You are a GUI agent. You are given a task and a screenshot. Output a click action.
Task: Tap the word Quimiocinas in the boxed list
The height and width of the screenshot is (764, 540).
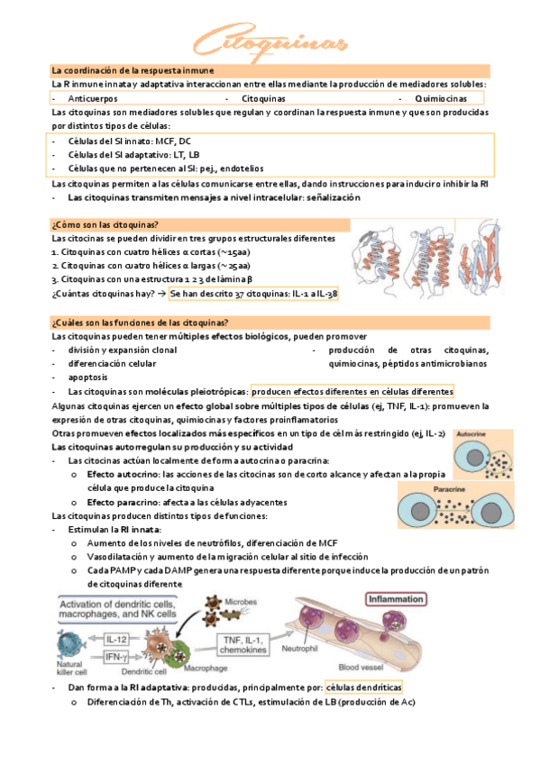pos(443,97)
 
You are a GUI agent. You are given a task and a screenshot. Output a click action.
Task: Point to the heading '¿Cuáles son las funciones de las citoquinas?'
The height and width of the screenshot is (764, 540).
pos(140,322)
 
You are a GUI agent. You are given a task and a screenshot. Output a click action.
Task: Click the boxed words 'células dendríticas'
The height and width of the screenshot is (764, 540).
pos(364,688)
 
